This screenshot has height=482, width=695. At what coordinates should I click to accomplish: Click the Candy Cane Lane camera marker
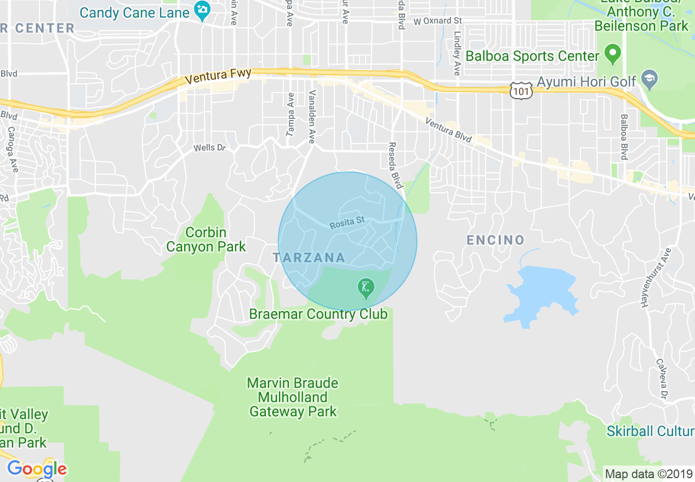[x=202, y=11]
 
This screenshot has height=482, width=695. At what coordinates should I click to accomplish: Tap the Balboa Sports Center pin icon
[x=612, y=55]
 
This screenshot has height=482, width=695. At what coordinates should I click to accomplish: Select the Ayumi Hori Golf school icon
[x=650, y=77]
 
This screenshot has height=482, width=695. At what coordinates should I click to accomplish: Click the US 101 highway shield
[x=520, y=91]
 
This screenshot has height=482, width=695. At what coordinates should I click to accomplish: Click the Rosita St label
[x=347, y=222]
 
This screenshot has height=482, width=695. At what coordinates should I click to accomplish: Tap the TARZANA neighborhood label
[x=309, y=257]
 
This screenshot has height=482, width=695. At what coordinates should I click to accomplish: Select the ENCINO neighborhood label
[x=495, y=240]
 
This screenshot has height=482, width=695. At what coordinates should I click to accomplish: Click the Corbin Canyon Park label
[x=206, y=240]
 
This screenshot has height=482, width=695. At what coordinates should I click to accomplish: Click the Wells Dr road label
[x=209, y=148]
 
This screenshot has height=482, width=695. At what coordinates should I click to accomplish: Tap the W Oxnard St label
[x=438, y=21]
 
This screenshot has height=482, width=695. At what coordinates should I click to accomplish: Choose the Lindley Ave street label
[x=457, y=53]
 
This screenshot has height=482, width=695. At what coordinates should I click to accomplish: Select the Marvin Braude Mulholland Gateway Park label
[x=293, y=397]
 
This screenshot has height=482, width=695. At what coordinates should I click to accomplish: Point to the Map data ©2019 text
[x=647, y=474]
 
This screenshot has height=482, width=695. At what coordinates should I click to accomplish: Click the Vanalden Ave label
[x=312, y=117]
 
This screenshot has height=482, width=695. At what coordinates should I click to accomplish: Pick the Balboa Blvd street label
[x=624, y=137]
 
